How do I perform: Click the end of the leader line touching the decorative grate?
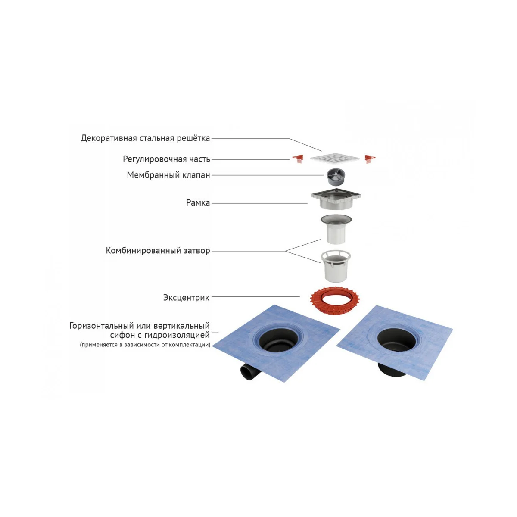point(322,151)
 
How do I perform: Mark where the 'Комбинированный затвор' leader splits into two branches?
point(286,251)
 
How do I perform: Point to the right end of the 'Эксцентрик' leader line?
point(300,297)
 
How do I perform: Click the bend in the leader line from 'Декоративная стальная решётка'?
point(289,139)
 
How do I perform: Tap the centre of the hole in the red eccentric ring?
point(335,297)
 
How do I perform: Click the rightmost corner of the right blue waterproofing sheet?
point(453,329)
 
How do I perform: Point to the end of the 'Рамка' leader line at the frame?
point(308,203)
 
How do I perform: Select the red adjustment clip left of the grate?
point(298,159)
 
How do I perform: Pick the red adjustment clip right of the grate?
point(370,159)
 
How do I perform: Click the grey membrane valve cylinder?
point(335,177)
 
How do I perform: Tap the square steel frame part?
point(336,200)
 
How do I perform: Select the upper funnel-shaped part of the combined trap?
point(336,229)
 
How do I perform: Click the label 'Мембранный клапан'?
point(168,175)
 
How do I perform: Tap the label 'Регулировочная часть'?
point(166,159)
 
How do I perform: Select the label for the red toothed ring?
point(186,298)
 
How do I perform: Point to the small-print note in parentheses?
point(145,345)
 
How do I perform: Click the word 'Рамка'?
point(198,203)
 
